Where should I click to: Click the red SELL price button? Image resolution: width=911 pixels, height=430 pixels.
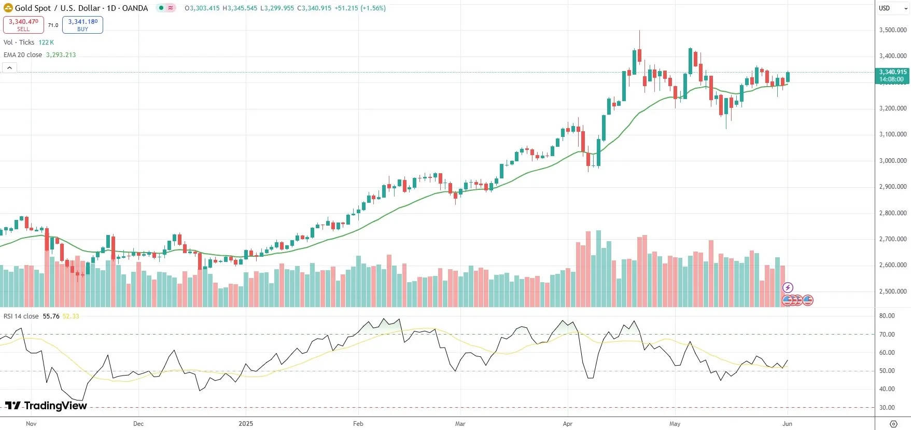click(23, 24)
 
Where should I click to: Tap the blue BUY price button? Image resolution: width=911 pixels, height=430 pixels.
click(82, 24)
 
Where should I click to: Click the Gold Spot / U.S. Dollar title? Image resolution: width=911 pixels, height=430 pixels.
click(81, 8)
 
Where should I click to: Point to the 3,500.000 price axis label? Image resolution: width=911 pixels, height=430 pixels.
click(893, 30)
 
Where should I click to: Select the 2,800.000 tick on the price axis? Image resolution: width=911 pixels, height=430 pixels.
click(893, 213)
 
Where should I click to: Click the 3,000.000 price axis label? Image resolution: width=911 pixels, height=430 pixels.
click(893, 161)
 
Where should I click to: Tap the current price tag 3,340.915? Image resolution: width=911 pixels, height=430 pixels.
click(892, 72)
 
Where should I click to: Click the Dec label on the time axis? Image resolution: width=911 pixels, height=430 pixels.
click(138, 424)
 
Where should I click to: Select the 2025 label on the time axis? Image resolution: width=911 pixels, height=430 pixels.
click(246, 424)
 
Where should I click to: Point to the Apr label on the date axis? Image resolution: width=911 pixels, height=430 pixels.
click(568, 424)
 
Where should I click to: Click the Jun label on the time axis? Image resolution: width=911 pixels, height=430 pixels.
click(787, 424)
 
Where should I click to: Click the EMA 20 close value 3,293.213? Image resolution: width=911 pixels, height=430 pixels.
click(61, 55)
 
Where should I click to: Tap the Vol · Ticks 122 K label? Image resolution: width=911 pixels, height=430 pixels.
click(29, 43)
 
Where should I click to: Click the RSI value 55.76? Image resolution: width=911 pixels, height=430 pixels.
click(51, 316)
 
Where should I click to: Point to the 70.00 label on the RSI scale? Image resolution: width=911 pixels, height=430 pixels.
click(887, 335)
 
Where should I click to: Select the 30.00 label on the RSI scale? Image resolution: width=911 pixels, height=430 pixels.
click(887, 408)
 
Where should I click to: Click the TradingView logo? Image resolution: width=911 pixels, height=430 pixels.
click(46, 406)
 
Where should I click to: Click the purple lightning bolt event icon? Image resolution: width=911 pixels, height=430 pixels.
click(788, 287)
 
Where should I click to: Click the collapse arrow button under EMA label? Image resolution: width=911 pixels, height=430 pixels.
click(9, 68)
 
